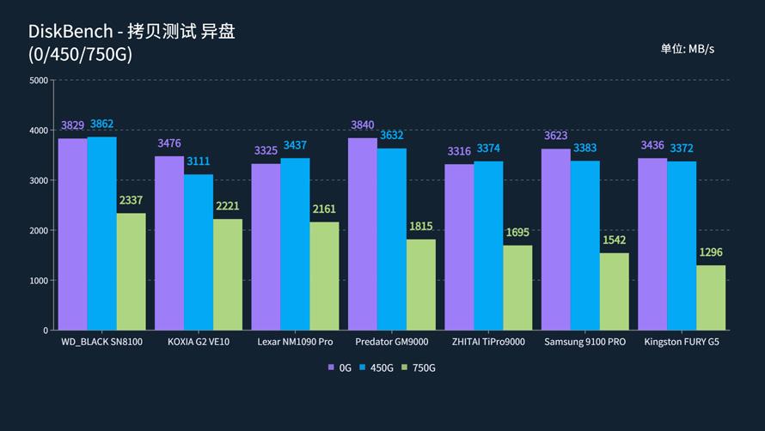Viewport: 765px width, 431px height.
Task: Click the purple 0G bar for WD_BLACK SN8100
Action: tap(72, 234)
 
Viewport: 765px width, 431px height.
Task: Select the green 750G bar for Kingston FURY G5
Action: tap(711, 297)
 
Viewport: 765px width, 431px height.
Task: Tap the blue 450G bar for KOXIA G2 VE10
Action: tap(199, 252)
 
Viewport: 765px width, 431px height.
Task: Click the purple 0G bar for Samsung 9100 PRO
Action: tap(556, 239)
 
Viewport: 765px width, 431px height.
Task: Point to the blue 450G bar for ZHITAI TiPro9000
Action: tap(488, 246)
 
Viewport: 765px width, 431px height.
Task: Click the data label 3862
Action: tap(101, 124)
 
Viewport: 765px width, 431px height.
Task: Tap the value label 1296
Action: tap(711, 252)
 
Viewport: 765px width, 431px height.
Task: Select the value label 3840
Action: tap(363, 125)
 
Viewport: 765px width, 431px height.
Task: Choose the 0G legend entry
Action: tap(340, 367)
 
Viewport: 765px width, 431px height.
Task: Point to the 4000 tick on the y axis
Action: tap(39, 131)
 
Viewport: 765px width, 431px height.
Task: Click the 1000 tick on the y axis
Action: tap(39, 281)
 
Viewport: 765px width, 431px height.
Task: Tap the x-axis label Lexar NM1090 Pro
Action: tap(295, 342)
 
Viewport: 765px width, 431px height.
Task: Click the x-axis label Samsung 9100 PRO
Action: tap(585, 342)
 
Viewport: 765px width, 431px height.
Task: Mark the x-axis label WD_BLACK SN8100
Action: tap(101, 342)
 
